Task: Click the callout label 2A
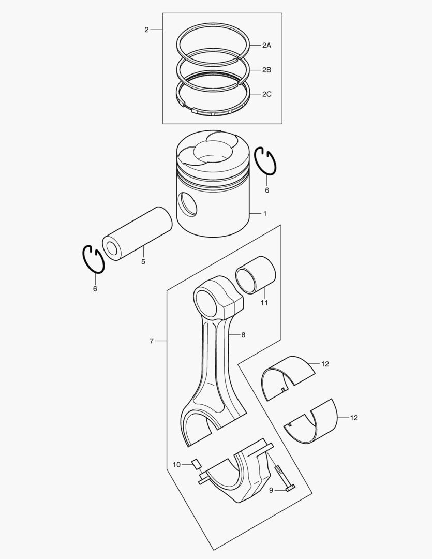pos(266,46)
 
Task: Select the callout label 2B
pos(266,70)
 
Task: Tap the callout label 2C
pos(266,94)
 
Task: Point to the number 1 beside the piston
pos(265,213)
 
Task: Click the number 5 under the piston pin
pos(143,262)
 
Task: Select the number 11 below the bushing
pos(264,303)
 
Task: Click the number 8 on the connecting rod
pos(243,335)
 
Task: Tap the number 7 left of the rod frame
pos(151,341)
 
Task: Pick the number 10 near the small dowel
pos(177,465)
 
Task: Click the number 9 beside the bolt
pos(271,490)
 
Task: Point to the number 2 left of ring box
pos(146,30)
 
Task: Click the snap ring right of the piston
pos(266,161)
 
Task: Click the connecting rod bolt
pos(284,478)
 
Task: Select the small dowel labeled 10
pos(196,463)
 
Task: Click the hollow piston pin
pos(137,234)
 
